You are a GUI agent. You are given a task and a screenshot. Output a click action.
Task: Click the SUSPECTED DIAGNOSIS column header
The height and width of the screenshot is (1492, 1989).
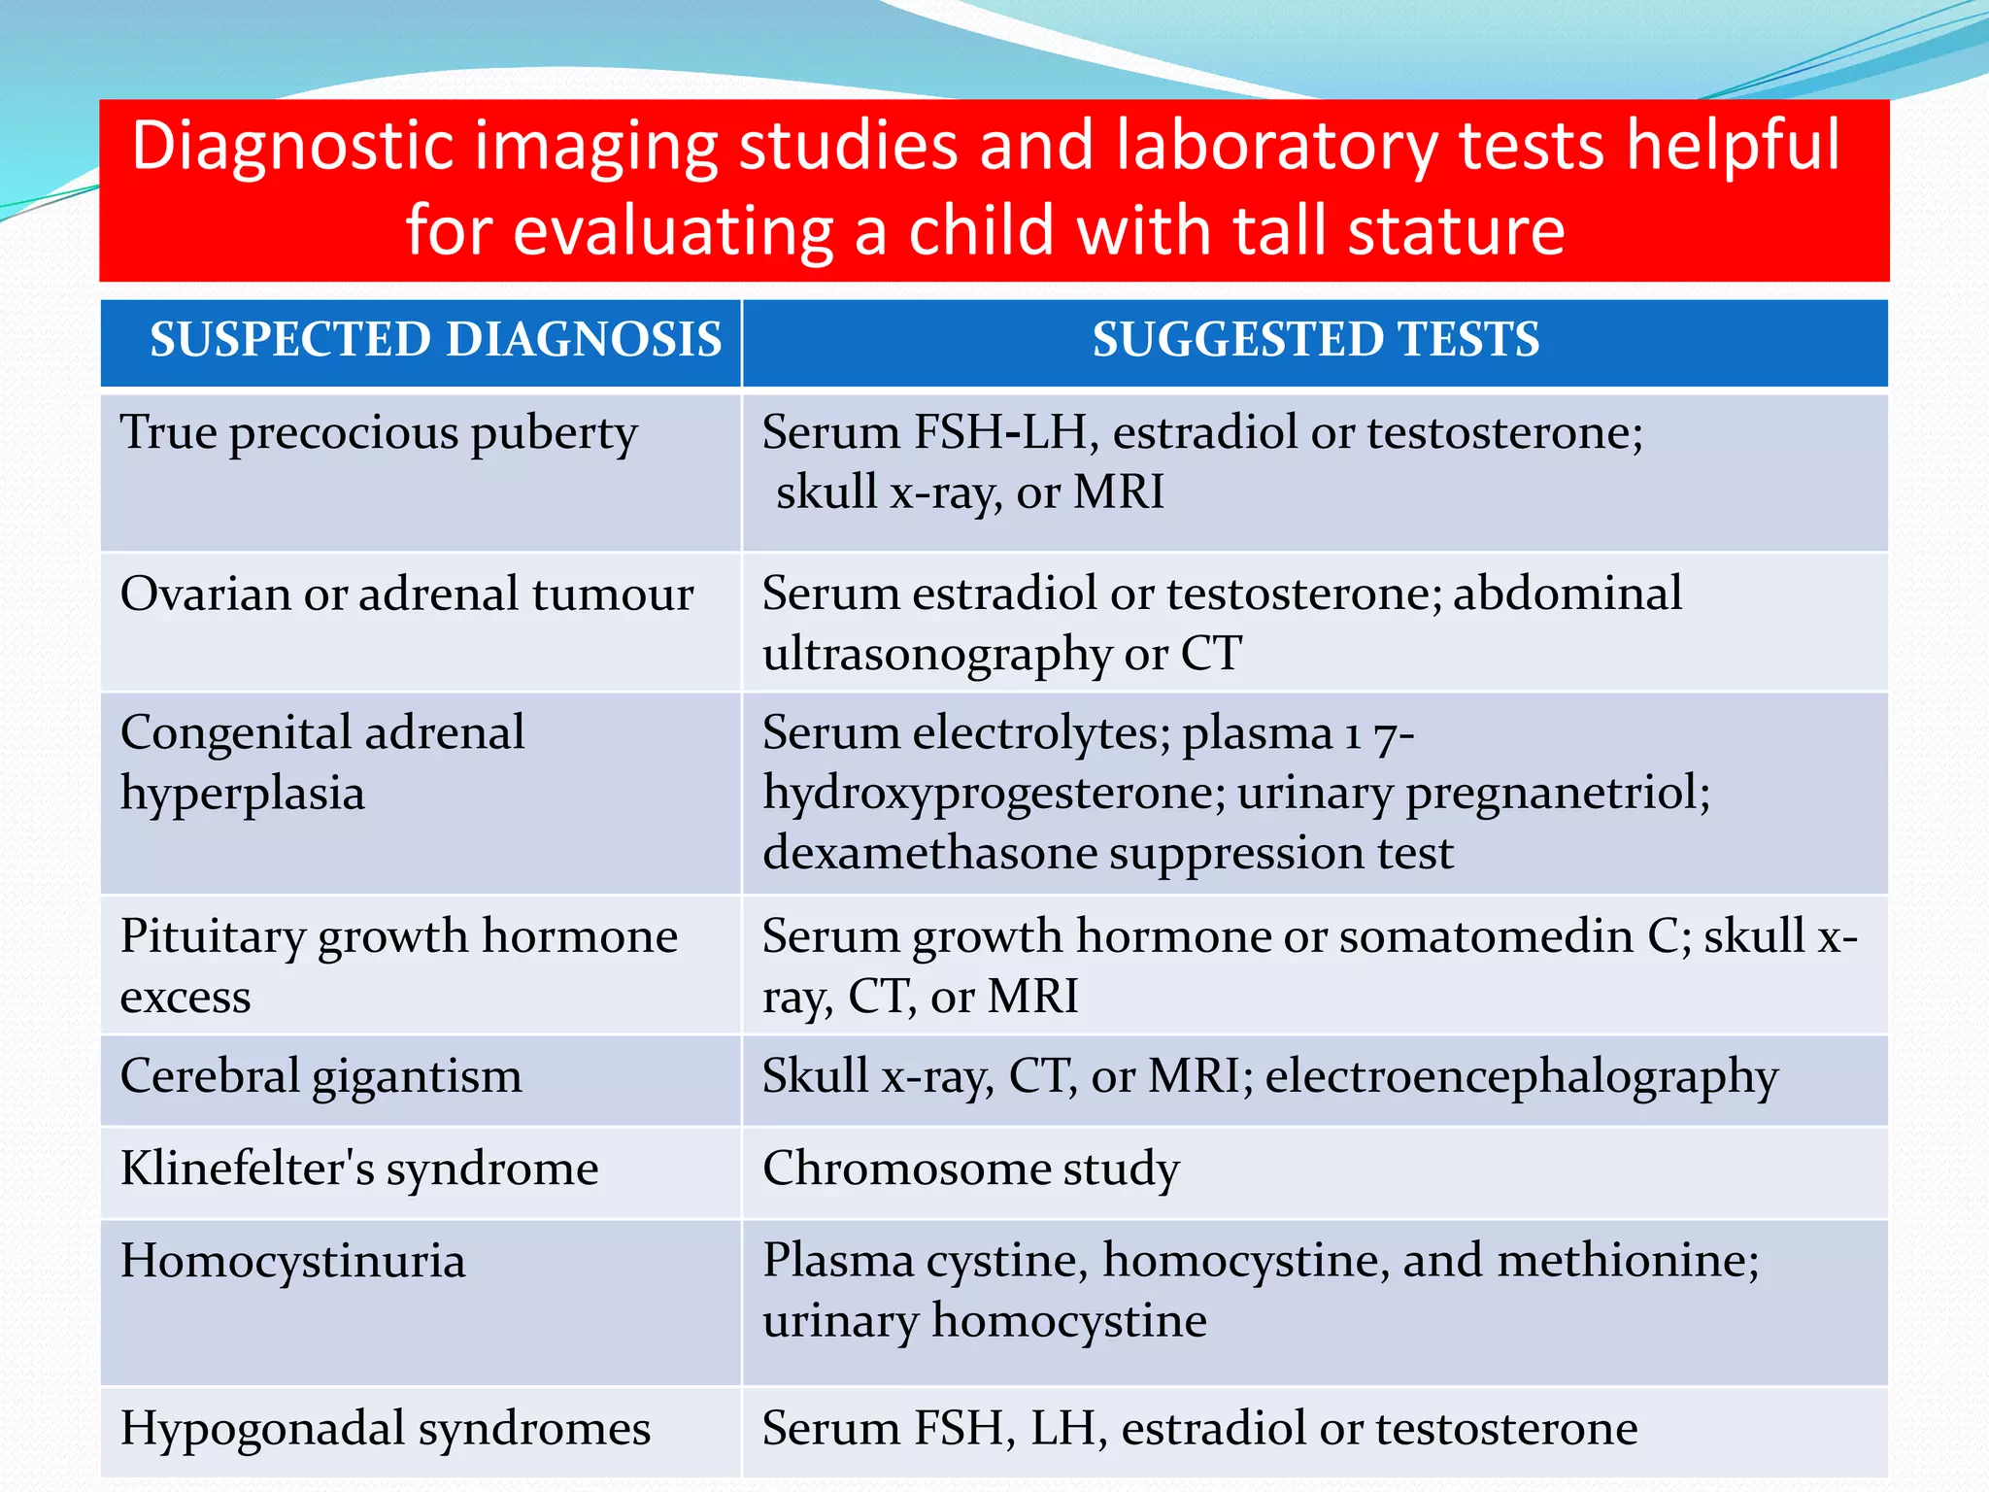pyautogui.click(x=435, y=340)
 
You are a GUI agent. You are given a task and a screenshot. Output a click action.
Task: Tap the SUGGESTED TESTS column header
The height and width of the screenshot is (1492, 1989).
pyautogui.click(x=1315, y=340)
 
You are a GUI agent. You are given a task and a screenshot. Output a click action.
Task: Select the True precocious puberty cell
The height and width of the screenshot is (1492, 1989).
pyautogui.click(x=379, y=433)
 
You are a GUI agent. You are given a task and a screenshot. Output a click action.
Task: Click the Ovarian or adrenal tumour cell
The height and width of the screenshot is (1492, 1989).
pyautogui.click(x=407, y=594)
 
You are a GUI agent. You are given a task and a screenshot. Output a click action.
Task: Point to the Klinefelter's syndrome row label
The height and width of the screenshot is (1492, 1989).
pyautogui.click(x=359, y=1169)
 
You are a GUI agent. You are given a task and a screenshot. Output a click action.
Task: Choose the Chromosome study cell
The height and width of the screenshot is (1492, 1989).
pyautogui.click(x=970, y=1169)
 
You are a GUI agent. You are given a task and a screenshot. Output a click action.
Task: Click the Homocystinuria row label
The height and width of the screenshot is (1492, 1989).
pyautogui.click(x=292, y=1261)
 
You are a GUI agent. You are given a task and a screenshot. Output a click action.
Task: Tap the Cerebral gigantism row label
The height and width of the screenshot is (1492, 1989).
pyautogui.click(x=320, y=1076)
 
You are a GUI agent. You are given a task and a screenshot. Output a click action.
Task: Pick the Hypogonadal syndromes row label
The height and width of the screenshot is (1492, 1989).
pyautogui.click(x=385, y=1429)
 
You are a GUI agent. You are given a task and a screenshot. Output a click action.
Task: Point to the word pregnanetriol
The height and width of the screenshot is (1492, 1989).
pyautogui.click(x=1557, y=793)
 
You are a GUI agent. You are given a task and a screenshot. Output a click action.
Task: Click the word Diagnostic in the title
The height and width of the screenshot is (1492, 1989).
pyautogui.click(x=292, y=146)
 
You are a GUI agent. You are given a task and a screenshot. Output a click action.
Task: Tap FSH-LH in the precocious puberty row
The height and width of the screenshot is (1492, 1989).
pyautogui.click(x=1006, y=432)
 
